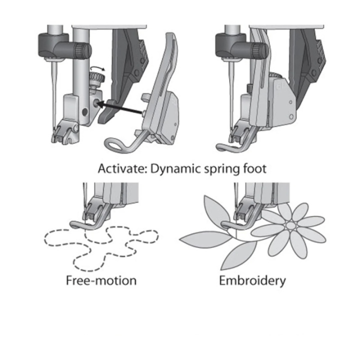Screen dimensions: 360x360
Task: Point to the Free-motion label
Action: pyautogui.click(x=101, y=280)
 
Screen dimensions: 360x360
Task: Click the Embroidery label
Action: pyautogui.click(x=252, y=280)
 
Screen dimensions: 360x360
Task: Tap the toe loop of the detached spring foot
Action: pyautogui.click(x=114, y=145)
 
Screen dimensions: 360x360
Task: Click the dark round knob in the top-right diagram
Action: pyautogui.click(x=258, y=50)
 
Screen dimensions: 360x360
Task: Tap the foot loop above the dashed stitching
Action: pyautogui.click(x=77, y=224)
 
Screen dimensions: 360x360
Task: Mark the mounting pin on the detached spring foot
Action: pyautogui.click(x=143, y=113)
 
